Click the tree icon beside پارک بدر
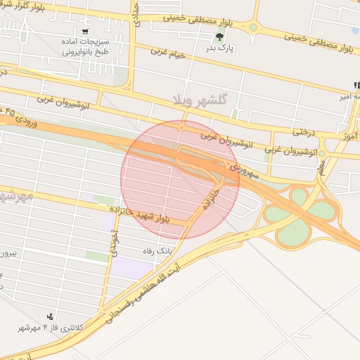coord(219,37)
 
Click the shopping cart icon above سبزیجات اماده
coord(85,32)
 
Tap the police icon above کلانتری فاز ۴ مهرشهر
coord(50,316)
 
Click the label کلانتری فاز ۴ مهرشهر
coord(51,328)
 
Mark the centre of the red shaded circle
coord(180,179)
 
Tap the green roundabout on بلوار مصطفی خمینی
coord(252,28)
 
